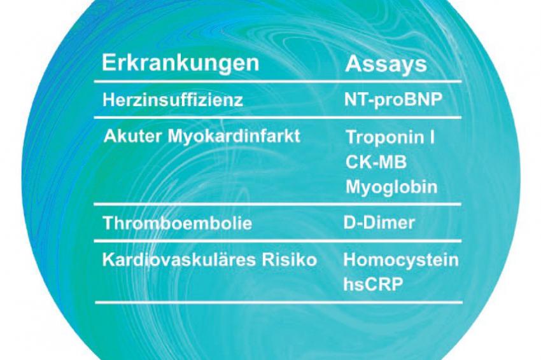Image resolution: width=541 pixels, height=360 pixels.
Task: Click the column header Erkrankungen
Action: [180, 63]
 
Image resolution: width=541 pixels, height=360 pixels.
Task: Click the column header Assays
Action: [386, 64]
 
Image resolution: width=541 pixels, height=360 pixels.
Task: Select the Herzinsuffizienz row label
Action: [173, 100]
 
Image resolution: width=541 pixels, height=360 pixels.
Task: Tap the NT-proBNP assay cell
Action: [393, 100]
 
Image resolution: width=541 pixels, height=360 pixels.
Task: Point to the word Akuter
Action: [132, 136]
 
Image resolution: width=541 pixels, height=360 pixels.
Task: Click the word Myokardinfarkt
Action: [234, 137]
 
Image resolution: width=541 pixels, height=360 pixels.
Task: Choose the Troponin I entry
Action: [390, 137]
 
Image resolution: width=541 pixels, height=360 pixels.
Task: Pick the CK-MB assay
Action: [376, 162]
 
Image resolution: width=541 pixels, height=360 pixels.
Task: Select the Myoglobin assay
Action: [391, 188]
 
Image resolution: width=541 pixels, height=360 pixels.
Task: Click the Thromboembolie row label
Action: [178, 223]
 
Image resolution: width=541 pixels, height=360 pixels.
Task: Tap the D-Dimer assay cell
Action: [379, 223]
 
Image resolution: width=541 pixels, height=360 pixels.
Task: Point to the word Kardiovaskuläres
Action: [179, 260]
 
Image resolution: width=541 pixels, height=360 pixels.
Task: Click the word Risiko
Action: [289, 260]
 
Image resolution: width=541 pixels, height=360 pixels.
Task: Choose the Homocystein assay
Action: [401, 260]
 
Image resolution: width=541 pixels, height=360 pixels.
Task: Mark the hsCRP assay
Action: [373, 285]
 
